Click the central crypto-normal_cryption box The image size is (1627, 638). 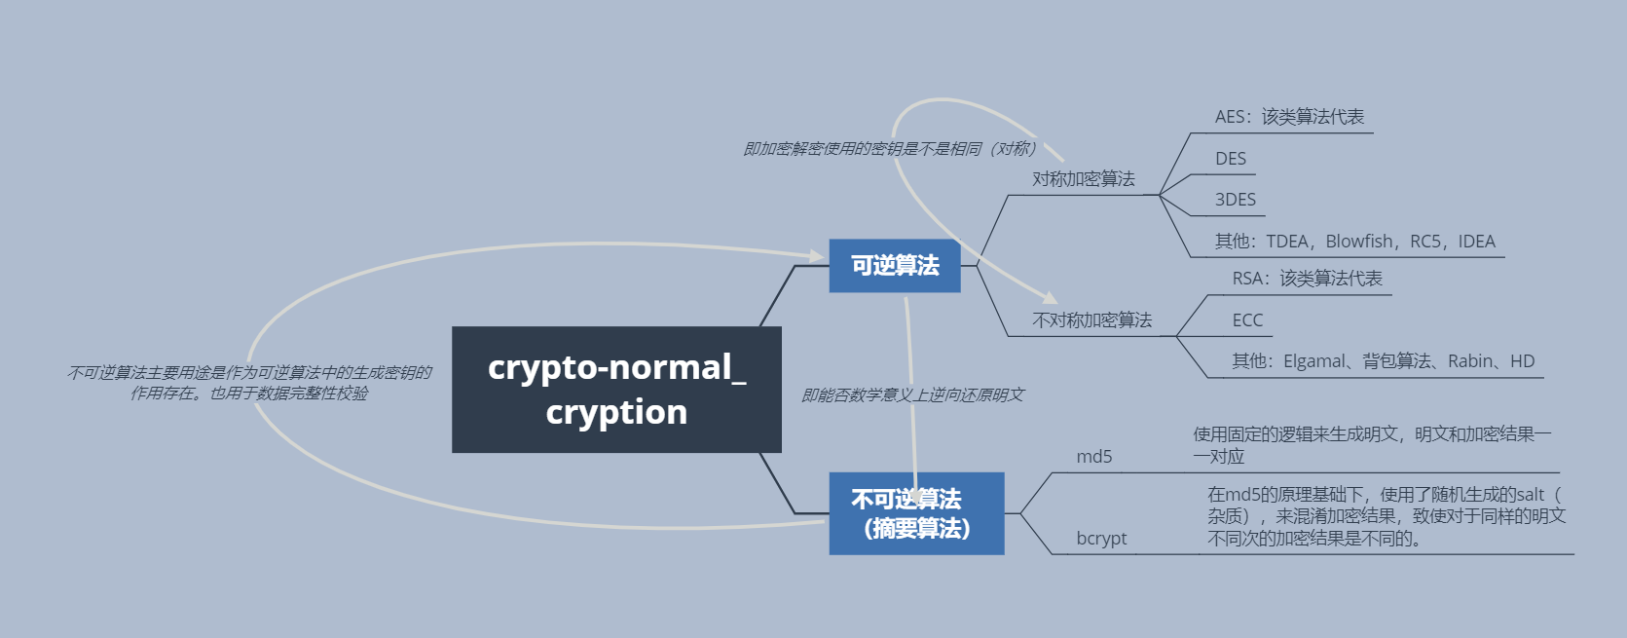(x=616, y=390)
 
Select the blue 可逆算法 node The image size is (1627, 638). (x=894, y=265)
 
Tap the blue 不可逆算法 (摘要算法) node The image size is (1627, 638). (x=915, y=513)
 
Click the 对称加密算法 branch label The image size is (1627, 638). (x=1083, y=179)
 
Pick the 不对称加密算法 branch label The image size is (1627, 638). (x=1091, y=320)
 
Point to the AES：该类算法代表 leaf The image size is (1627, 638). (x=1289, y=117)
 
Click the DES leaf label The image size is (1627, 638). (x=1231, y=159)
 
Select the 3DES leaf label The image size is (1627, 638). (x=1236, y=200)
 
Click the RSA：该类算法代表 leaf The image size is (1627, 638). (x=1307, y=279)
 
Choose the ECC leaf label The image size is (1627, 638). (x=1247, y=320)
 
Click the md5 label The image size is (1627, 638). (x=1093, y=457)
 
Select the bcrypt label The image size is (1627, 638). (x=1101, y=539)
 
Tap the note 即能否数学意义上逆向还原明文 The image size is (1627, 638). (x=912, y=394)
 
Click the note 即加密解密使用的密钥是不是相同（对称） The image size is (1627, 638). (x=890, y=149)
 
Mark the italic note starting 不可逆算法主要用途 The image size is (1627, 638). (x=249, y=383)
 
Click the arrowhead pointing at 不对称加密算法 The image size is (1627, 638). (x=1050, y=297)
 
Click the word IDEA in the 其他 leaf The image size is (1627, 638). (x=1476, y=242)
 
